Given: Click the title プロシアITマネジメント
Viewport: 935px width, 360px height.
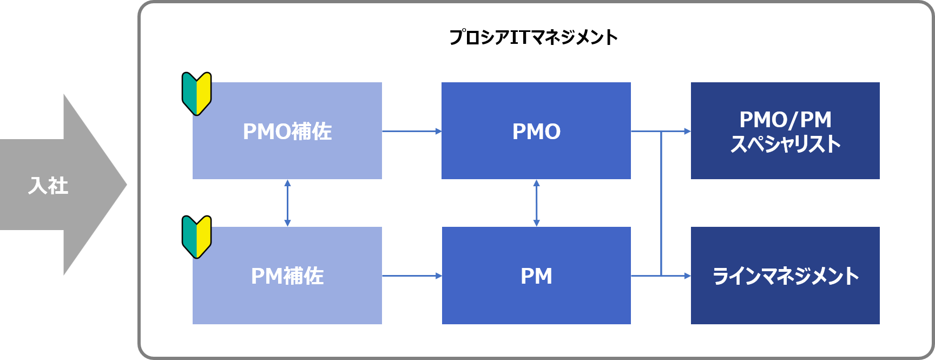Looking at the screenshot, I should click(533, 37).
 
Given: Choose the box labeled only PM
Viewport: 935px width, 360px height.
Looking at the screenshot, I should click(536, 276).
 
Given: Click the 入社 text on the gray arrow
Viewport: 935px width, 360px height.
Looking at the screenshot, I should click(48, 186).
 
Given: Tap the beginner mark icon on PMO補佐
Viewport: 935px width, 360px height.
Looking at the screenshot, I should click(196, 93).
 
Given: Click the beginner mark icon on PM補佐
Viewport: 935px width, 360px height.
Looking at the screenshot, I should click(196, 237).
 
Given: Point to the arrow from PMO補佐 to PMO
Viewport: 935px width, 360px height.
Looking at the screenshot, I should click(411, 131).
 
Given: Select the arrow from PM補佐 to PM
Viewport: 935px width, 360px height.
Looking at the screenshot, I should click(411, 276).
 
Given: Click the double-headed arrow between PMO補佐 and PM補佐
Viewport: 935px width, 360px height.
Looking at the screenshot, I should click(287, 203).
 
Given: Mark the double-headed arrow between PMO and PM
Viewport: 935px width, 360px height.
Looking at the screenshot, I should click(536, 203).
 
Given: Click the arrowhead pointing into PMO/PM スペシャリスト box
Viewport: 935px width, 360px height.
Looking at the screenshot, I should click(688, 131).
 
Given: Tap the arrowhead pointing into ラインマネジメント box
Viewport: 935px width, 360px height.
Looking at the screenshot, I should click(688, 276).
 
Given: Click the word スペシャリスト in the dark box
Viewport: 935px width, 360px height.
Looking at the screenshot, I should click(785, 145).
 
